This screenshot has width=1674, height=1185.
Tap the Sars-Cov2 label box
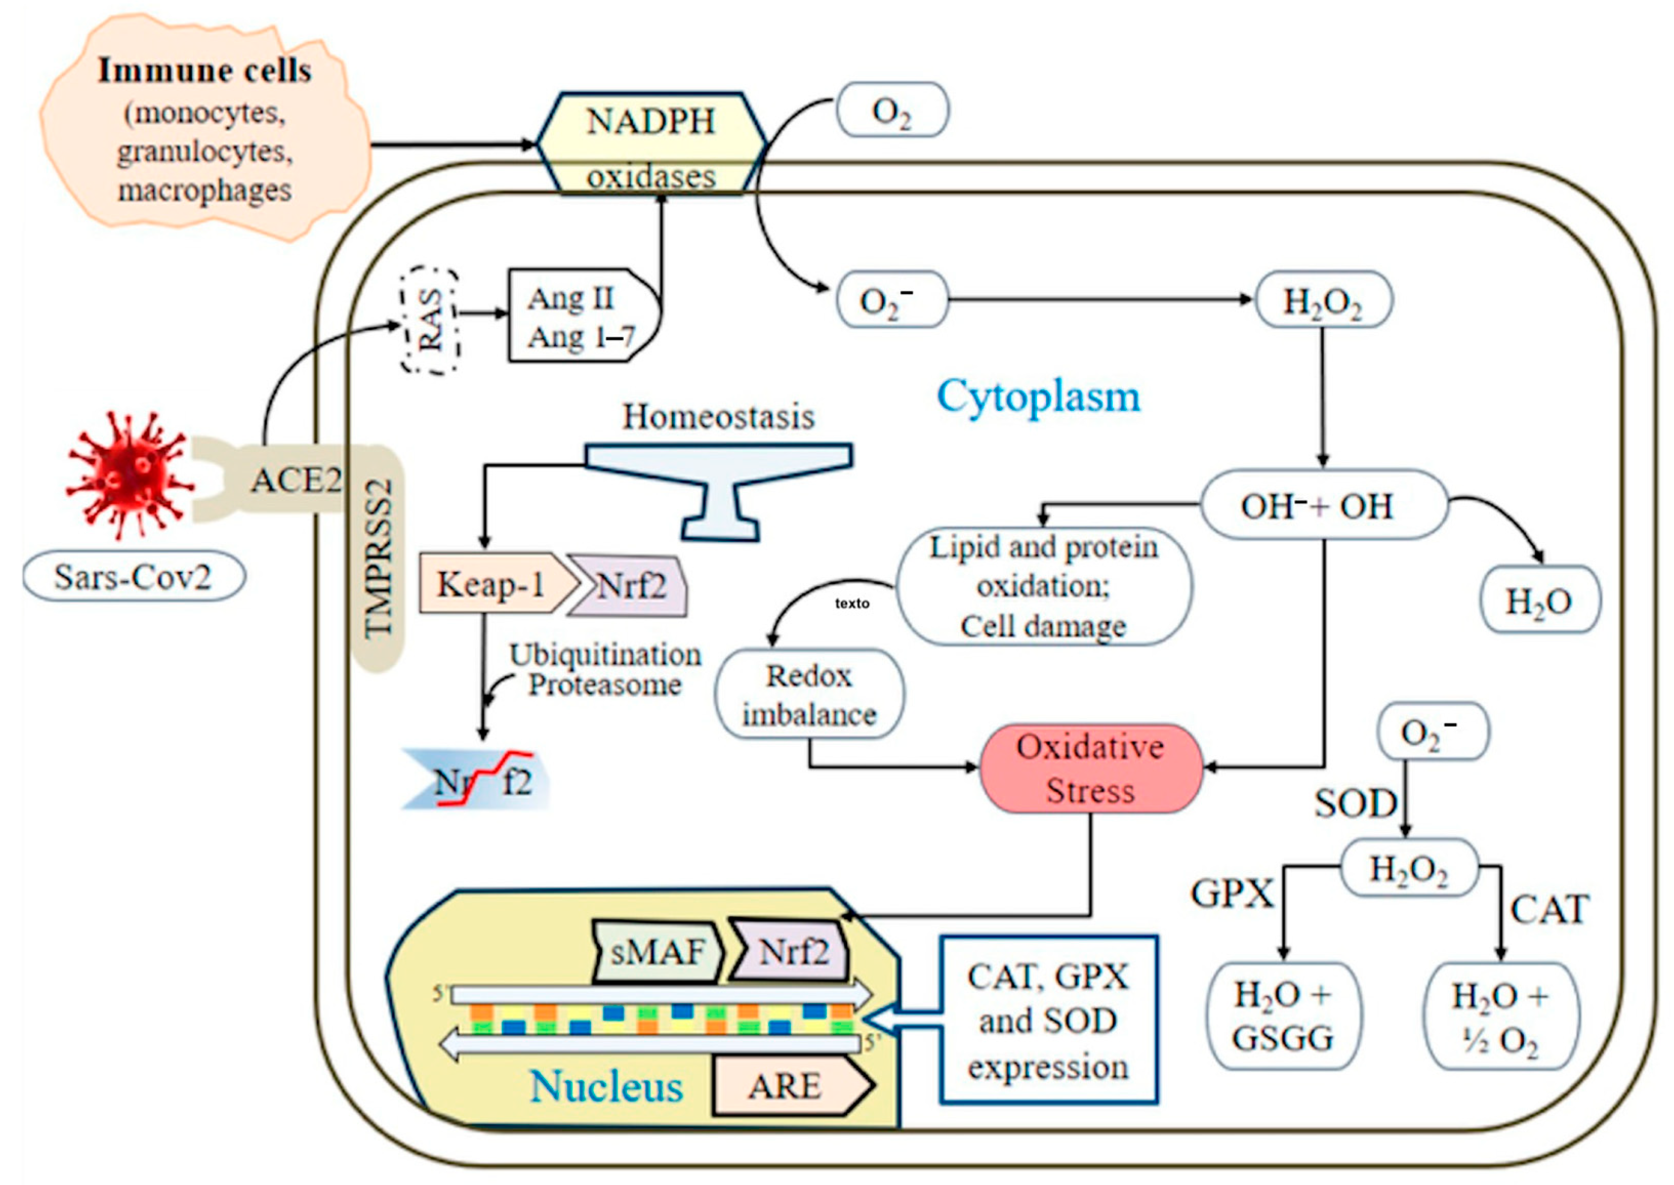click(134, 576)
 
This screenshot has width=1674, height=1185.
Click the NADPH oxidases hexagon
click(651, 144)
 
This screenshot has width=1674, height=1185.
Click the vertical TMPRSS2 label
click(380, 558)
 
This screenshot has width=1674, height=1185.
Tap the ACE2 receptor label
click(296, 480)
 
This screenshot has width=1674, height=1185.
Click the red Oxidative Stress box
click(1090, 769)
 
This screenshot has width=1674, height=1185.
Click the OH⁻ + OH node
click(1323, 505)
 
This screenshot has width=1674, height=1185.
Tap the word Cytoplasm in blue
click(1038, 396)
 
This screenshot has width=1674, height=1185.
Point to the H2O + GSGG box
click(1283, 1016)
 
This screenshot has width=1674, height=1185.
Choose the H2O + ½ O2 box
click(1500, 1016)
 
